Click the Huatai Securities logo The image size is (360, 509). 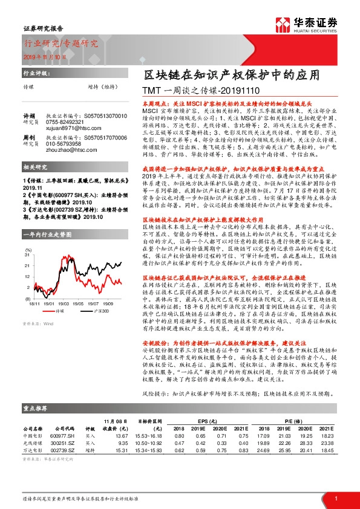pyautogui.click(x=306, y=24)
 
